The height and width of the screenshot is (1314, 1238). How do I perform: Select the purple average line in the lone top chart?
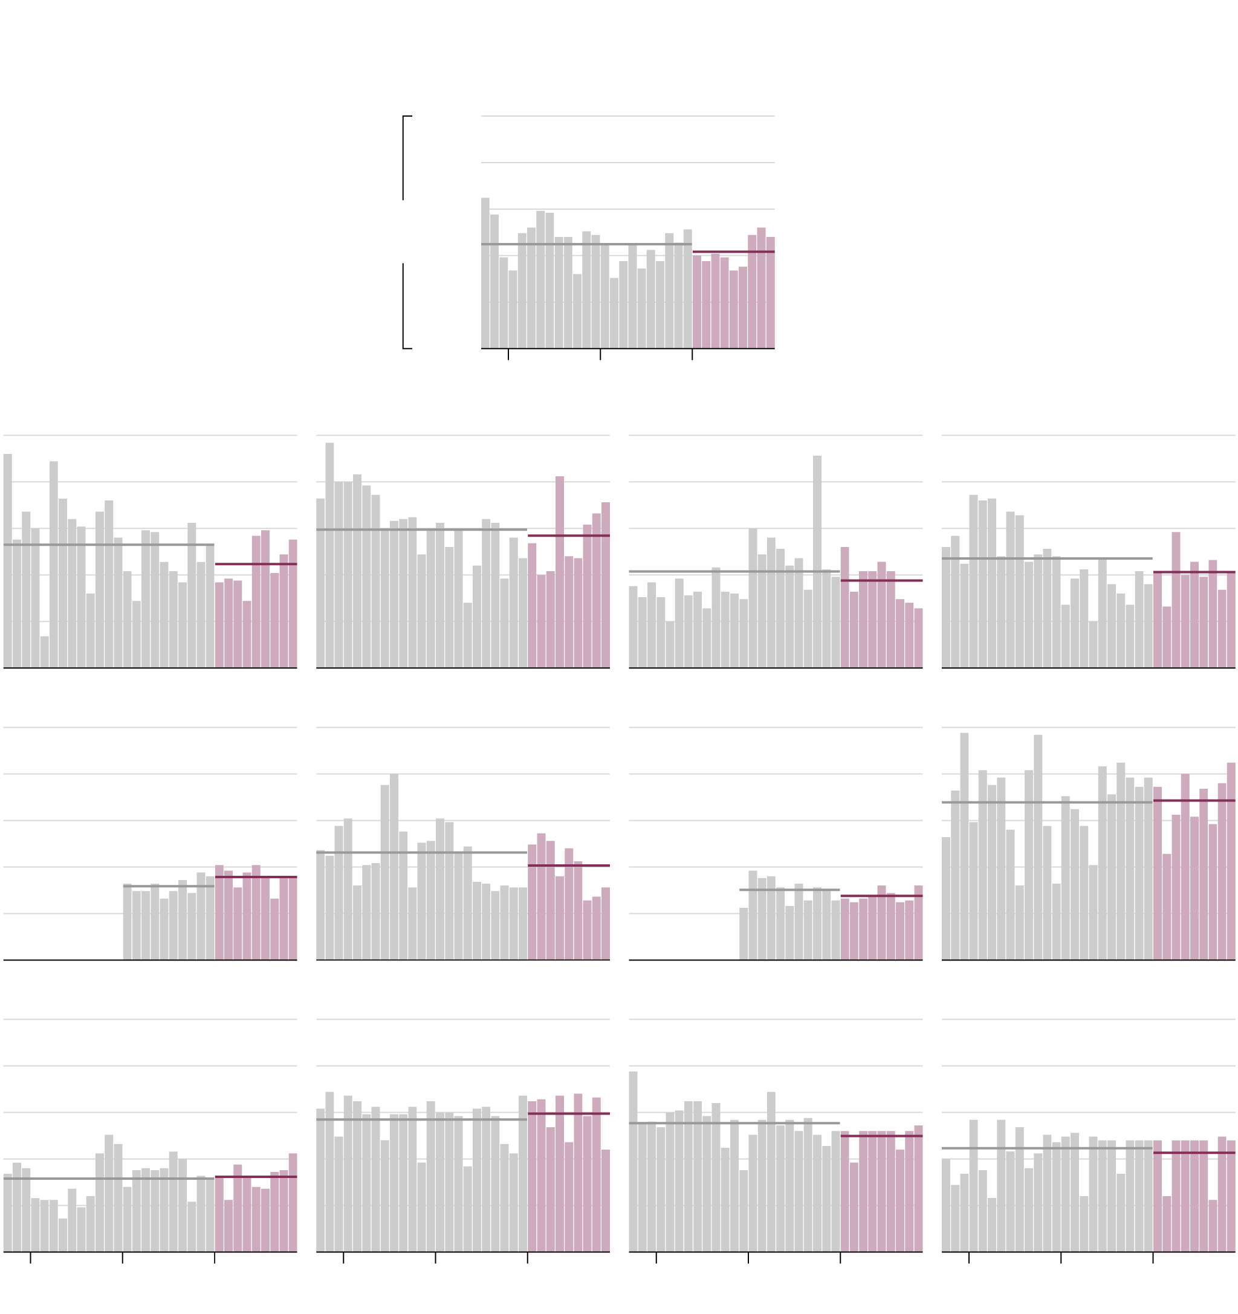pos(733,252)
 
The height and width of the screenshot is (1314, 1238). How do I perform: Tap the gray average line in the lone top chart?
pos(586,244)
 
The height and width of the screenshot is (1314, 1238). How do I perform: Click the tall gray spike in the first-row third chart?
pos(817,562)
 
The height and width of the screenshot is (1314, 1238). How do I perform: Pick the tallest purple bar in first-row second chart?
pos(559,572)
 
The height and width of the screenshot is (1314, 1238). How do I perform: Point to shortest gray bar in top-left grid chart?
pos(44,652)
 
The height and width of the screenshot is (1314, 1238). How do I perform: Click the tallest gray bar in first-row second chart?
pos(329,555)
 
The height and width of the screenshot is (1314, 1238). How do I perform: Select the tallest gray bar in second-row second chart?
pos(394,867)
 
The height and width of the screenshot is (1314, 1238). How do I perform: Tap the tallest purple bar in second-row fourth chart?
pos(1231,861)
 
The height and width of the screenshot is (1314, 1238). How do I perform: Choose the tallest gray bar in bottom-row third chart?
pos(634,1162)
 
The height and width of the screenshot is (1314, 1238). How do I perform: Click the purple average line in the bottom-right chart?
pos(1194,1153)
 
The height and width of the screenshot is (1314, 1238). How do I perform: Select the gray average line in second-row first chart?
pos(169,886)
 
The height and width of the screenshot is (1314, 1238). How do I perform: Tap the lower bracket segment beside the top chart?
pos(403,305)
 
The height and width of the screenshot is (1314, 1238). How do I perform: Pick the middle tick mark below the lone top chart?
pos(600,355)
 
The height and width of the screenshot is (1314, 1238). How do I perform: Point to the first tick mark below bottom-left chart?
pos(30,1258)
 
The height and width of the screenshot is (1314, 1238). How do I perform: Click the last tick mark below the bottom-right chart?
pos(1153,1258)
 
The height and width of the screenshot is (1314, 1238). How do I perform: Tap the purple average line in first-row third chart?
pos(881,580)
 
